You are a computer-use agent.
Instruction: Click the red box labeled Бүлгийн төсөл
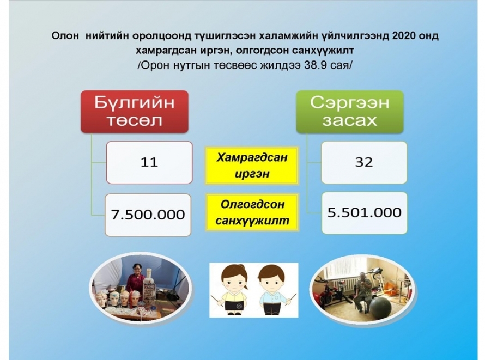(135, 112)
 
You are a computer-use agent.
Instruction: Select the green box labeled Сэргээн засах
(350, 112)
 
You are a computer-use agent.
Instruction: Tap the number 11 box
(149, 162)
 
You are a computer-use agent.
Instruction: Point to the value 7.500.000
(148, 215)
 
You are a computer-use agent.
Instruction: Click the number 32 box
(364, 162)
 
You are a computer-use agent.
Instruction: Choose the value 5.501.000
(365, 213)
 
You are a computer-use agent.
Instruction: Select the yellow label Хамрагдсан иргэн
(252, 166)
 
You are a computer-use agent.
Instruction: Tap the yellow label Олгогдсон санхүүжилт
(252, 212)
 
